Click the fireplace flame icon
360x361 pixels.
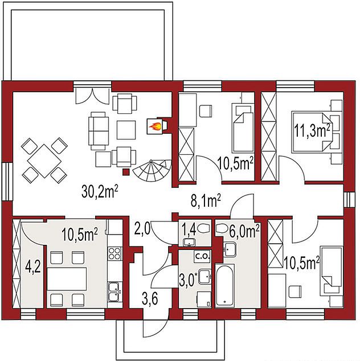coord(155,126)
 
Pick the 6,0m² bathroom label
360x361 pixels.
coord(244,231)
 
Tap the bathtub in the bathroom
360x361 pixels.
coord(225,285)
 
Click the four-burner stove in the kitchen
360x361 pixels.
coord(114,253)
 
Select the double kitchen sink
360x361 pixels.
coord(114,291)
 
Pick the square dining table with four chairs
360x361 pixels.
coord(44,161)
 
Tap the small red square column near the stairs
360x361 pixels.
coord(126,172)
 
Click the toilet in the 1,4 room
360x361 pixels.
coord(203,229)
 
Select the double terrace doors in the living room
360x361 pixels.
coord(92,95)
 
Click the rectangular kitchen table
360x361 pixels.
coord(67,278)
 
